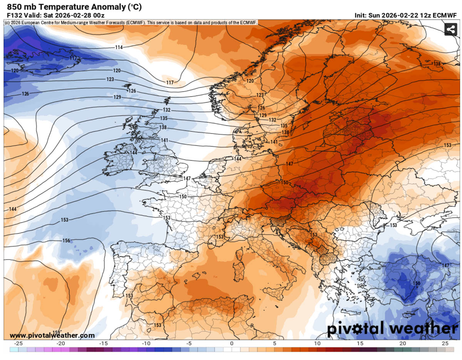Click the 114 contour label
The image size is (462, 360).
pyautogui.click(x=119, y=47)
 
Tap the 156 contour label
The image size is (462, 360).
pyautogui.click(x=67, y=241)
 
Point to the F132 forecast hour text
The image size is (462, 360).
pyautogui.click(x=15, y=15)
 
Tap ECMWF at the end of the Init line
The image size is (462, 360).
pyautogui.click(x=445, y=15)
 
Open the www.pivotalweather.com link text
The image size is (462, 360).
pyautogui.click(x=52, y=335)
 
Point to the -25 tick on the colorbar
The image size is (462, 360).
pyautogui.click(x=17, y=343)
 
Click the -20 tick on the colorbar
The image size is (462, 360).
pyautogui.click(x=60, y=343)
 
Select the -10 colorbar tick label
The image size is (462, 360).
pyautogui.click(x=146, y=343)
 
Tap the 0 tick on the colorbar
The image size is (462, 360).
pyautogui.click(x=232, y=343)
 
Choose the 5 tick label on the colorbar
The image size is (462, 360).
pyautogui.click(x=275, y=343)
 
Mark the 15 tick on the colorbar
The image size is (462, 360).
pyautogui.click(x=360, y=343)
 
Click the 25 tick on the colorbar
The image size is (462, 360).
pyautogui.click(x=445, y=343)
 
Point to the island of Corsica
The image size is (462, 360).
pyautogui.click(x=243, y=252)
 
